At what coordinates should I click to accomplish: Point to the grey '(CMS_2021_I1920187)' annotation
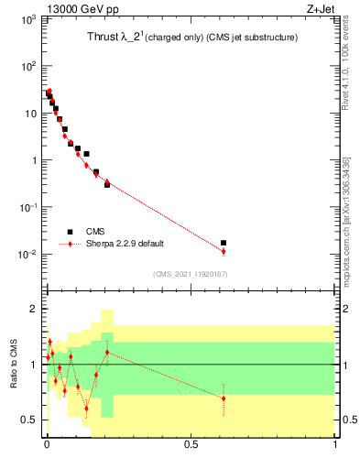[x=189, y=273]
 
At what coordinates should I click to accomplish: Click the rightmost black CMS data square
[x=224, y=243]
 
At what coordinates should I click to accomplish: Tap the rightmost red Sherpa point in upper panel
[x=224, y=251]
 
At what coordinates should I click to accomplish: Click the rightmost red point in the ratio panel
[x=224, y=398]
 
